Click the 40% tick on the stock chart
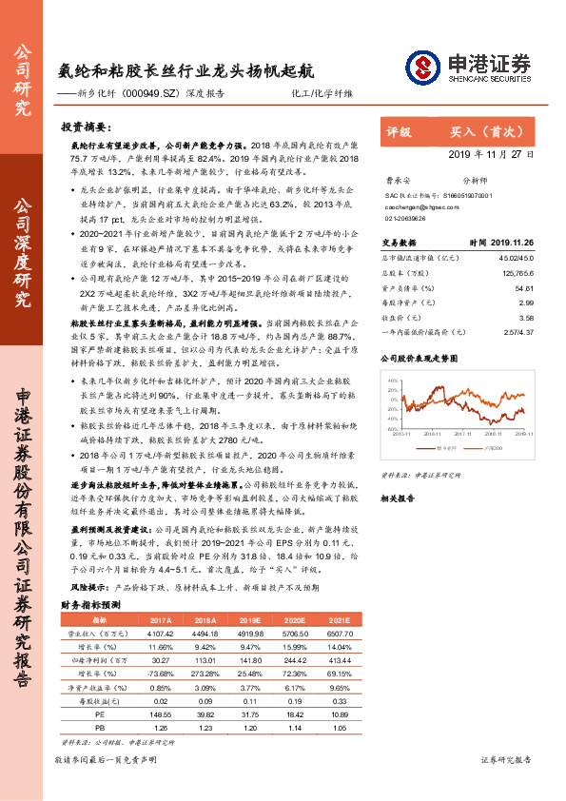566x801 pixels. coord(393,379)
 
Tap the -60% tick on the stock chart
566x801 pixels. coord(392,428)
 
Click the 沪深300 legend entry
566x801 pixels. coord(495,444)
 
